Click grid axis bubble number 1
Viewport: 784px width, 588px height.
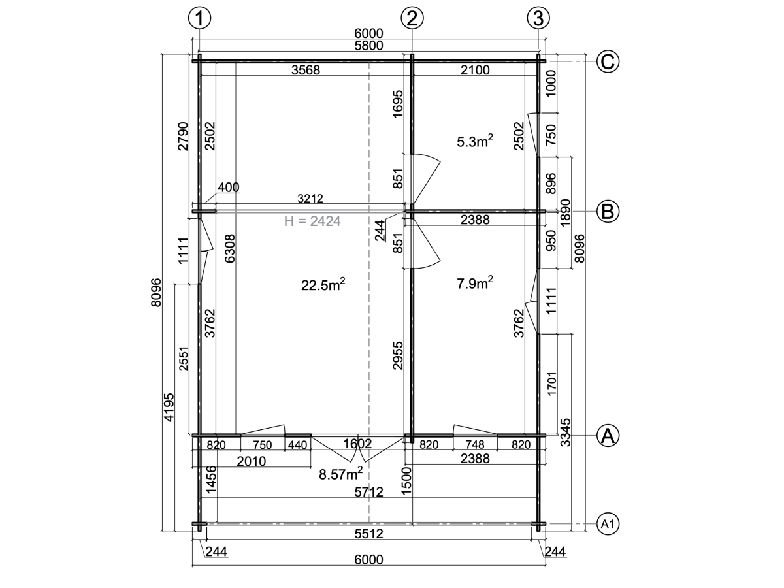click(199, 18)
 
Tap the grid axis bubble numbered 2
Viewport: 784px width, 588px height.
click(412, 18)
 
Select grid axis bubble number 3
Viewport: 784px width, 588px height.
click(538, 18)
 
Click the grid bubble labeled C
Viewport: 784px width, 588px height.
click(608, 61)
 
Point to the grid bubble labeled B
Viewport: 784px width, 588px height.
click(608, 211)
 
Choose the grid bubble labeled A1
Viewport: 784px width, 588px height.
click(608, 524)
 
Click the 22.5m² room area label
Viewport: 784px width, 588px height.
click(323, 285)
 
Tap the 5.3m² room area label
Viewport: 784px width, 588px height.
click(475, 141)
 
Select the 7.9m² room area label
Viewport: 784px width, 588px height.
click(475, 283)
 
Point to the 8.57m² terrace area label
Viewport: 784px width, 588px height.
click(341, 474)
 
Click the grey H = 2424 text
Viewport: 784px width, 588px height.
click(312, 221)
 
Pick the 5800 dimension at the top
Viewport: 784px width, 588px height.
click(368, 46)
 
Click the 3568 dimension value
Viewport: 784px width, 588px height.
click(306, 70)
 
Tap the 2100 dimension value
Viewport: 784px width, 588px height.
click(475, 70)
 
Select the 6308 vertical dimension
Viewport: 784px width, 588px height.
click(231, 248)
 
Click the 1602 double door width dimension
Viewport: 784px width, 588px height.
click(357, 444)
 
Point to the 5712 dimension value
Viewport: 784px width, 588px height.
click(368, 492)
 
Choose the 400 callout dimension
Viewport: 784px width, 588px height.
click(228, 187)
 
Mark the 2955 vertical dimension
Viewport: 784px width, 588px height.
click(397, 355)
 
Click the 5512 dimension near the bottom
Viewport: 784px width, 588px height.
click(368, 533)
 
